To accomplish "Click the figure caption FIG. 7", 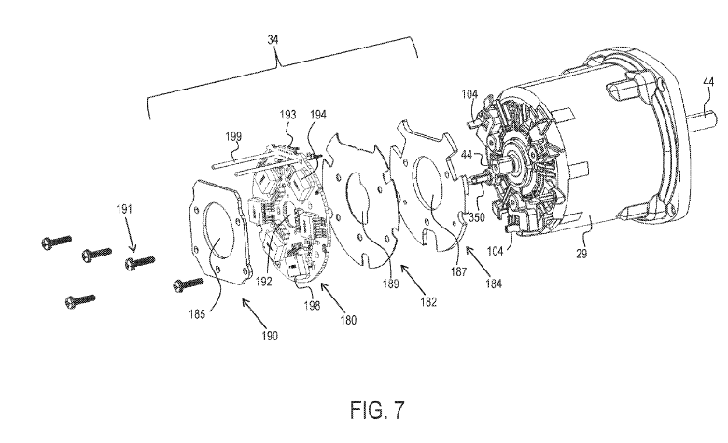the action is coord(377,409).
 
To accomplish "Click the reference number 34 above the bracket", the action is coord(273,40).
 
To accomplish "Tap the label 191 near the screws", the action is coord(124,209).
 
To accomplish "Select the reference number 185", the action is coord(197,314).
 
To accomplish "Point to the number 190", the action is coord(270,336).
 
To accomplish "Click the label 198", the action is coord(312,306).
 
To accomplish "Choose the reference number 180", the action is coord(348,320).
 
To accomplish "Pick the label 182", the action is coord(428,301).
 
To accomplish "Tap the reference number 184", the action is coord(494,283).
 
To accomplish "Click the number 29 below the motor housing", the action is coord(581,254).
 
